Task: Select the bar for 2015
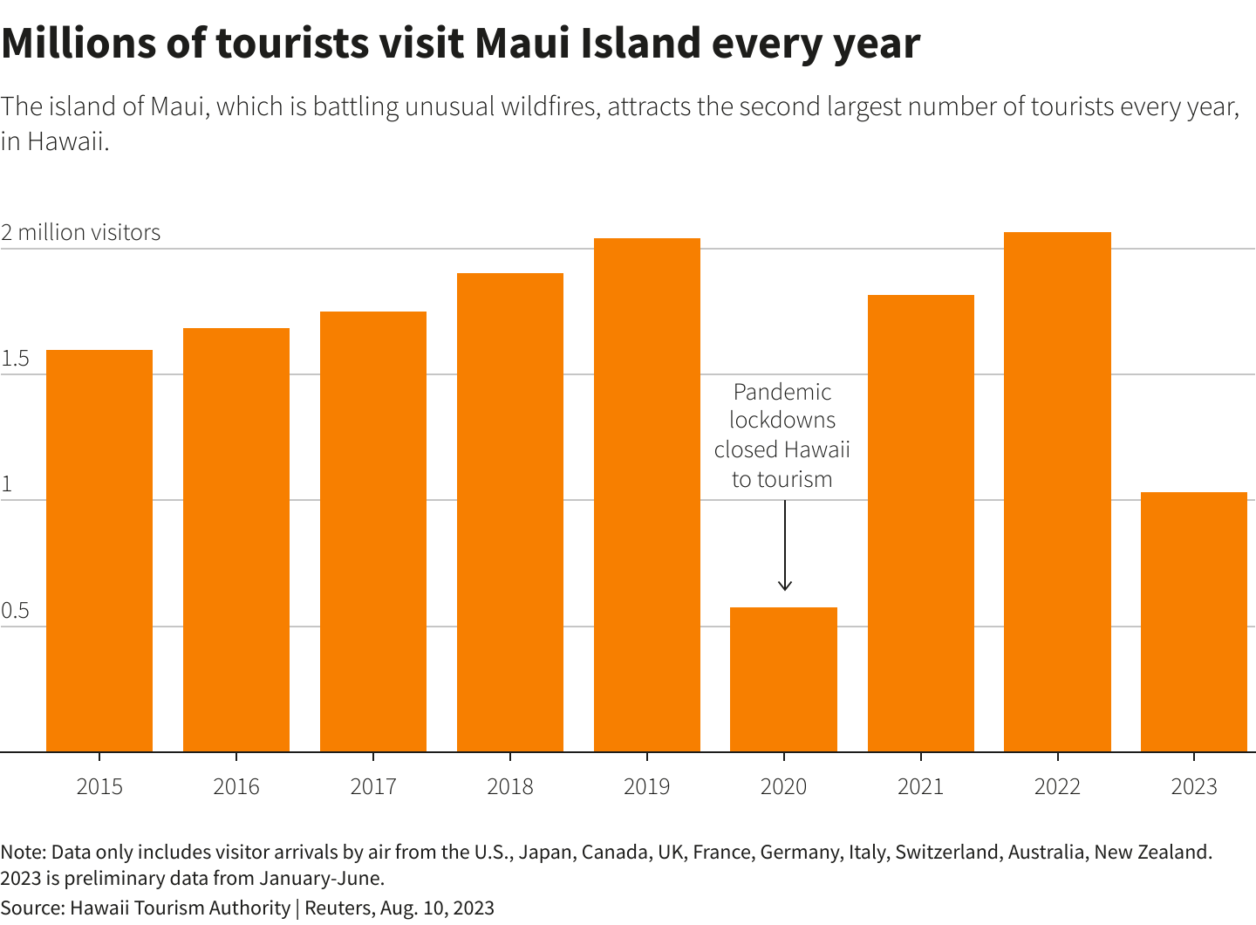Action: [99, 550]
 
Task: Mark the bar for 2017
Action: [373, 531]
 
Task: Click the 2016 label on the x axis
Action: [236, 786]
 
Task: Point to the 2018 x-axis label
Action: [510, 786]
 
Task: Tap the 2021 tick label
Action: [920, 786]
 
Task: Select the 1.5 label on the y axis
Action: [15, 359]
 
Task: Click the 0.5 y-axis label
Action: [15, 611]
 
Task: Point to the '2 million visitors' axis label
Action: [81, 232]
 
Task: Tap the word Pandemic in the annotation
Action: [782, 392]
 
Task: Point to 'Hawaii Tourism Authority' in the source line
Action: [180, 908]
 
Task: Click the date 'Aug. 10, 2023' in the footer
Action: [437, 908]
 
